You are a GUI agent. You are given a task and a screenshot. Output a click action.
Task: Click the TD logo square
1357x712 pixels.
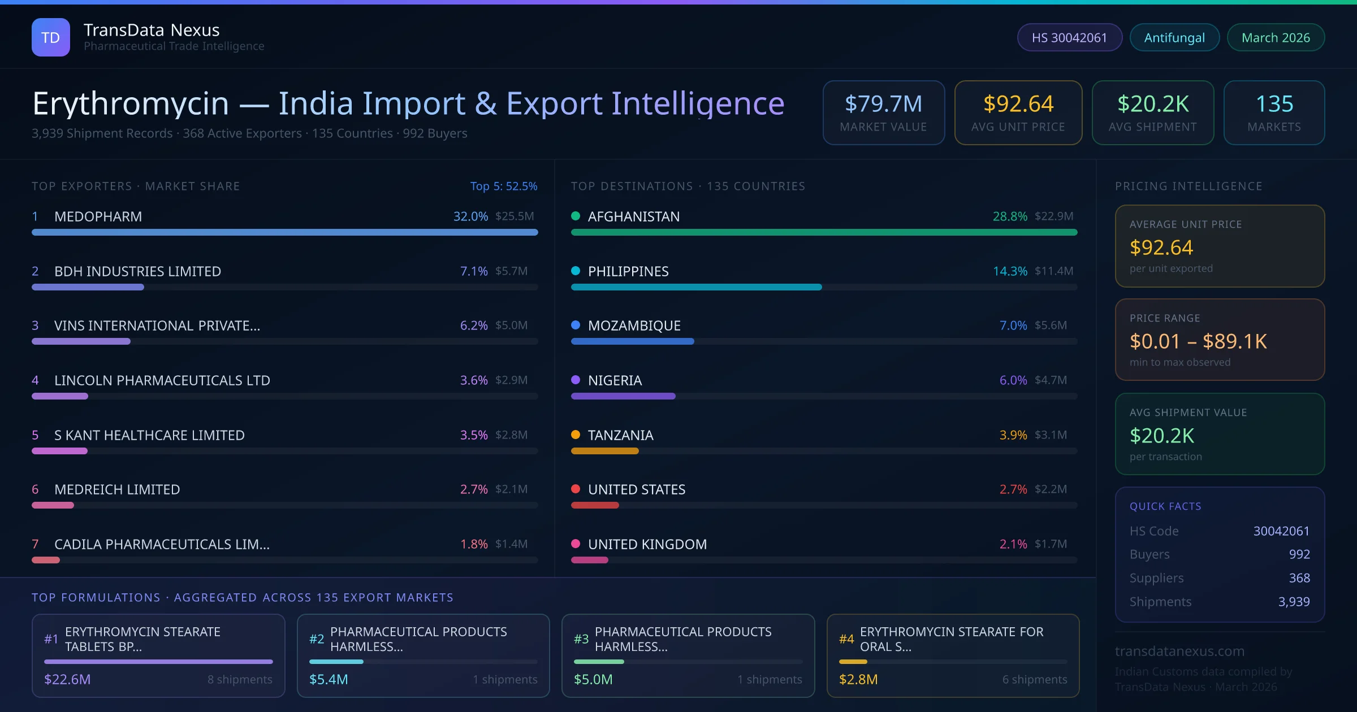pos(51,37)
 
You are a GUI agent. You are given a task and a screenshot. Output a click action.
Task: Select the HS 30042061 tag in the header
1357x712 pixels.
pos(1069,37)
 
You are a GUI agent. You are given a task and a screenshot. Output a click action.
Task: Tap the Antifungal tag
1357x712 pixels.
pos(1174,37)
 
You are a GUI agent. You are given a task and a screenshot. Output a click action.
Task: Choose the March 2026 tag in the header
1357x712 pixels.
pos(1276,37)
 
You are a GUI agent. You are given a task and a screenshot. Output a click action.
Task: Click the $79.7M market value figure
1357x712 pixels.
pos(883,104)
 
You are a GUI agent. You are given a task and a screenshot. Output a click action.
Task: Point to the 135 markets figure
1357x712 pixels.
pos(1274,104)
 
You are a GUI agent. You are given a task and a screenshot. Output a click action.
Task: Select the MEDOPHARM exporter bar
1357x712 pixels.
pos(284,232)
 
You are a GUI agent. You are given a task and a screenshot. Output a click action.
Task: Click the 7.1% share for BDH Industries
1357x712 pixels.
pos(474,271)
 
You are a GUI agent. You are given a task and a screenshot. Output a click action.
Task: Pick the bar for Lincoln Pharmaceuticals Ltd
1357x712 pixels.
pos(60,396)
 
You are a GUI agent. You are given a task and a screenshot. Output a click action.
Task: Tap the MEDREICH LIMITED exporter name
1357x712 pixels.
pos(117,489)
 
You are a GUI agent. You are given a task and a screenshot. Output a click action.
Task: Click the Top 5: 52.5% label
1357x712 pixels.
pos(504,186)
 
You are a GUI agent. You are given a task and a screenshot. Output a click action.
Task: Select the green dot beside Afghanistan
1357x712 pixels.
pos(576,216)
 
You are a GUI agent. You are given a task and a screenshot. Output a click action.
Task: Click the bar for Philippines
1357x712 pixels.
pos(696,287)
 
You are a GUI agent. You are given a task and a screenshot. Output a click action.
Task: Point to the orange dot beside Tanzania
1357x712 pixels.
pos(576,435)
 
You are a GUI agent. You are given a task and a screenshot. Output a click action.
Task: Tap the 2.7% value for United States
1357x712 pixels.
pos(1013,489)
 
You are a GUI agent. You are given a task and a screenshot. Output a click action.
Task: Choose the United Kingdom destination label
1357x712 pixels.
pos(647,544)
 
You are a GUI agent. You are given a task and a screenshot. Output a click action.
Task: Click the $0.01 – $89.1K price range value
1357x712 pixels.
pos(1198,341)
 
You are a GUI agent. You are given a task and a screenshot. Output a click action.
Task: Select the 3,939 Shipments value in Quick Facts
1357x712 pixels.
pos(1294,602)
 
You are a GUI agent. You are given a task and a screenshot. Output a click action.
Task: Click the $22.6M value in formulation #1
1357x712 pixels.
pos(67,679)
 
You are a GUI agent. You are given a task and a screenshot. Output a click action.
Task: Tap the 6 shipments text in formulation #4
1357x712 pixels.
pos(1035,679)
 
